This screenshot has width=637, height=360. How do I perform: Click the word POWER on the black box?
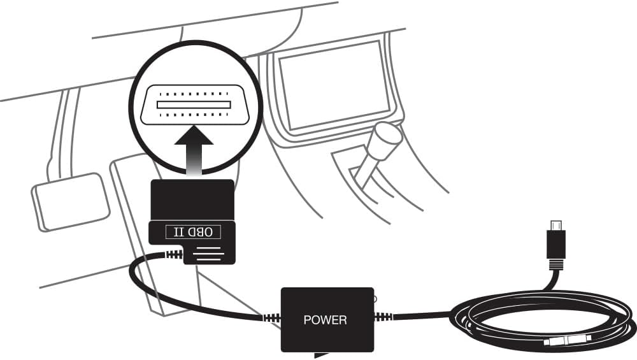[x=326, y=319]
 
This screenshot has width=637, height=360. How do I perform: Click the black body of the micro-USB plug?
[x=556, y=244]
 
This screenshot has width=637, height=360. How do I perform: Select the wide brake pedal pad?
[x=69, y=200]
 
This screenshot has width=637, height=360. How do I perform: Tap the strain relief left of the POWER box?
[x=271, y=317]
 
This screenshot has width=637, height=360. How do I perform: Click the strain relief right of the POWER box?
[x=383, y=316]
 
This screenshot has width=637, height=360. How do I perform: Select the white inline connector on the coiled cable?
[x=567, y=339]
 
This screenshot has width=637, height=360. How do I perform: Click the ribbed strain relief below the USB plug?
[x=556, y=263]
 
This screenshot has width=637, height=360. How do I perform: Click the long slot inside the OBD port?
[x=194, y=103]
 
